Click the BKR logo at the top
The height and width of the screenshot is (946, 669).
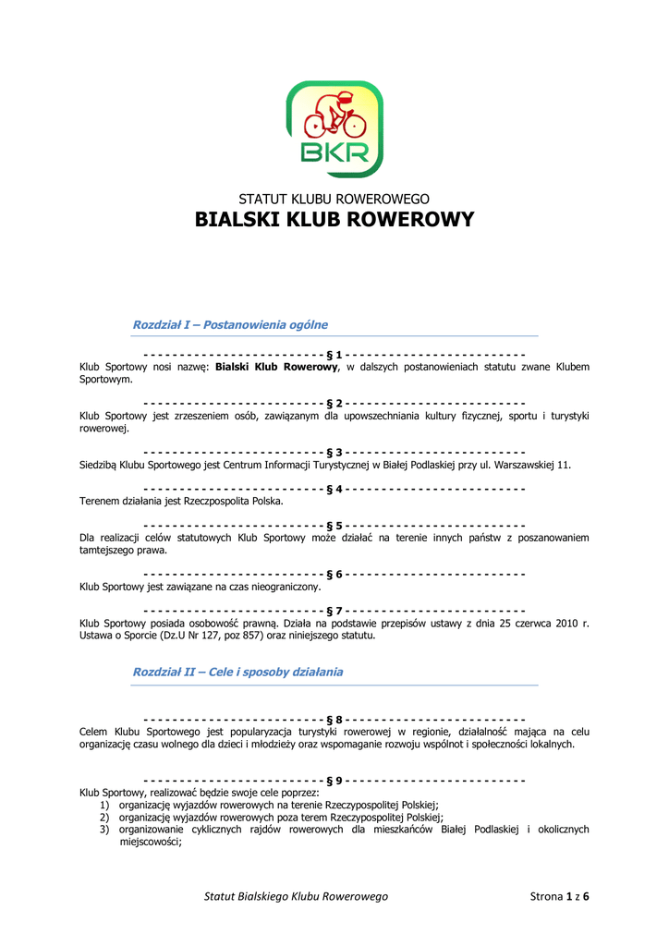point(334,128)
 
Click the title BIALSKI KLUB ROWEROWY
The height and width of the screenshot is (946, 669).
point(334,220)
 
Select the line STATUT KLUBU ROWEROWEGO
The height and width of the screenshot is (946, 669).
point(334,199)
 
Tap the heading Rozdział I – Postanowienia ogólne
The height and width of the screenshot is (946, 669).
point(230,325)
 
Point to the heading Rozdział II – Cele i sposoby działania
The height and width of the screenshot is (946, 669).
point(237,673)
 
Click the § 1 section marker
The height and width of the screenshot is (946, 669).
point(334,355)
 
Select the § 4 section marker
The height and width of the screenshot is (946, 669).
point(334,489)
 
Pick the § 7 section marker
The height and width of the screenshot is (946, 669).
point(334,611)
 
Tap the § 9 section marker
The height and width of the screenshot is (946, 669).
point(334,781)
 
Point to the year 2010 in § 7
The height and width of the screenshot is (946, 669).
point(567,624)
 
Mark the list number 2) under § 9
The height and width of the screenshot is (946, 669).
point(105,818)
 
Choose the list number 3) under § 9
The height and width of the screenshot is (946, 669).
point(105,830)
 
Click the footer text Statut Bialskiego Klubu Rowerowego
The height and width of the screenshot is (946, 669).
point(296,896)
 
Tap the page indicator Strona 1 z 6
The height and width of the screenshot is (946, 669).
point(559,896)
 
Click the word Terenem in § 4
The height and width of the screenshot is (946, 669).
point(100,502)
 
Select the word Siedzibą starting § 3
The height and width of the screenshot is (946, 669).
point(101,465)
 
